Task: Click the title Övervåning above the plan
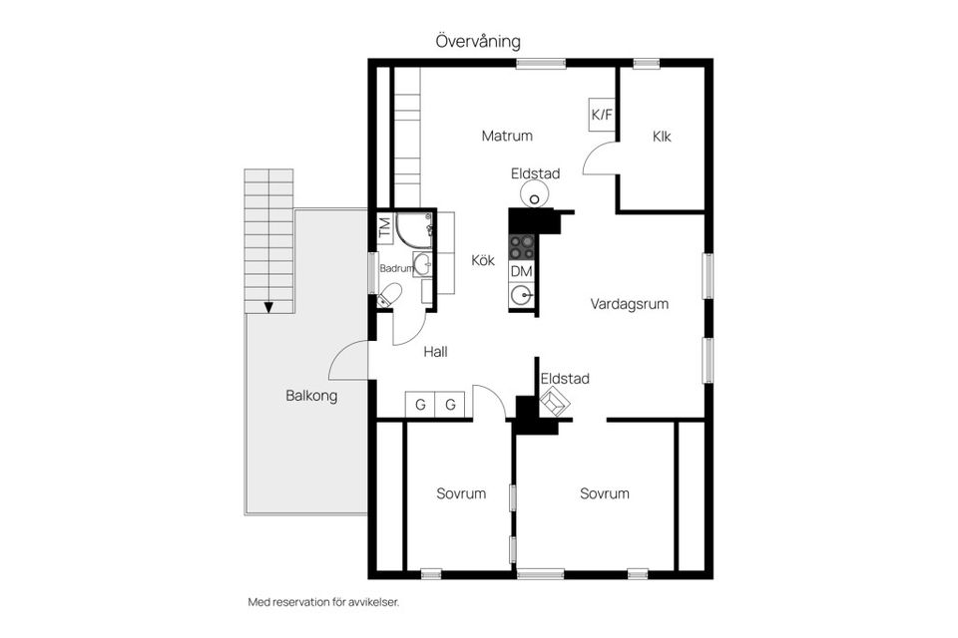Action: (477, 42)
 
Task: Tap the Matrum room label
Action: (507, 136)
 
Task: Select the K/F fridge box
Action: (602, 115)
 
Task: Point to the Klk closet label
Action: (662, 137)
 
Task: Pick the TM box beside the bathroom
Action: (385, 227)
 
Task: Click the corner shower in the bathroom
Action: (412, 229)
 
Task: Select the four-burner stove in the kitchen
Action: (522, 246)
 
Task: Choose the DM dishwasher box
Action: (521, 271)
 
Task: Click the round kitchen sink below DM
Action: (521, 295)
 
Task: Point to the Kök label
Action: (483, 260)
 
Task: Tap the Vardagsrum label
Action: (629, 304)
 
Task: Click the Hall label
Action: (435, 351)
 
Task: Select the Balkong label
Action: (311, 396)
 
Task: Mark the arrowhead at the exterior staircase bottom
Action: (268, 307)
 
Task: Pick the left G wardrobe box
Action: (420, 405)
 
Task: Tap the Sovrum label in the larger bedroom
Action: (605, 493)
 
